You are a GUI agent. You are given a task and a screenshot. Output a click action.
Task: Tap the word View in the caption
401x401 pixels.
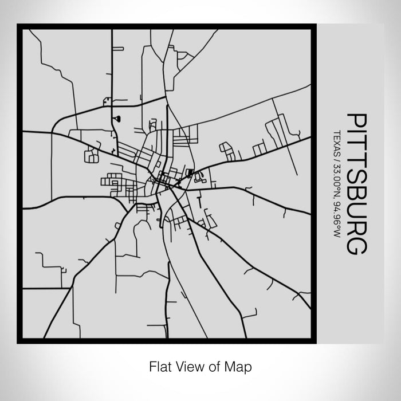pos(184,365)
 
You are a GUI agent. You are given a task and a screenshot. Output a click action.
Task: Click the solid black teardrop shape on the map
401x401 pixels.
pos(118,119)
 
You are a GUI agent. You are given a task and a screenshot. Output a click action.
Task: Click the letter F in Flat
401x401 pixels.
pos(152,365)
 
